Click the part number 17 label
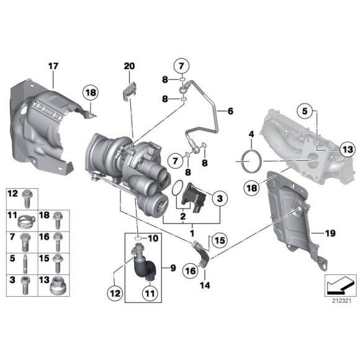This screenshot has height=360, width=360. pyautogui.click(x=53, y=65)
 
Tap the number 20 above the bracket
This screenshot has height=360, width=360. pyautogui.click(x=128, y=66)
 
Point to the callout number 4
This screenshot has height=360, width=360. pyautogui.click(x=251, y=134)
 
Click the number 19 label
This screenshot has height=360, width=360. pyautogui.click(x=330, y=233)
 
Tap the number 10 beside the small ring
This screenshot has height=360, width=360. pyautogui.click(x=153, y=238)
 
